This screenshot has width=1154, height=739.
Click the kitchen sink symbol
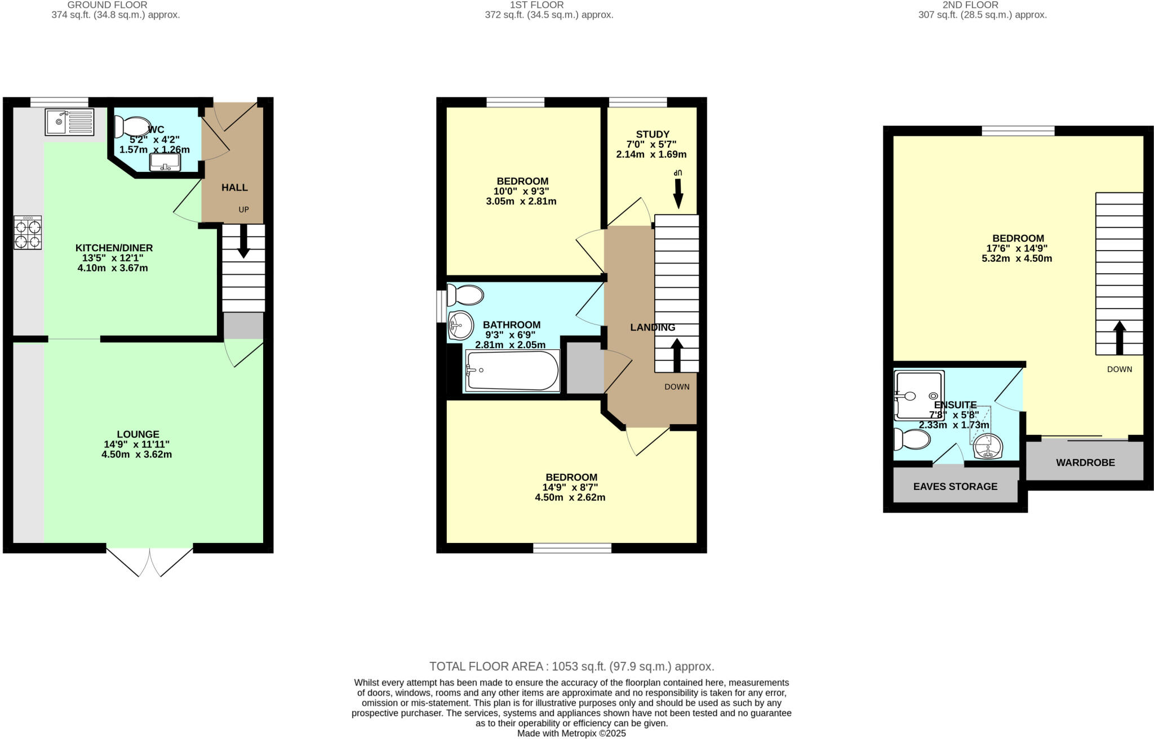[70, 122]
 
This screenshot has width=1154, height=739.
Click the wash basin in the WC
[165, 162]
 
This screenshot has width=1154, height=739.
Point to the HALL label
[234, 188]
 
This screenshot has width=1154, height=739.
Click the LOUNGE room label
[138, 434]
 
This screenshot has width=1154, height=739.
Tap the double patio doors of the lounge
[150, 561]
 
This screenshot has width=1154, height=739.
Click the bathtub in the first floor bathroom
[512, 371]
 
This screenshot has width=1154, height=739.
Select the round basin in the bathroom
[461, 325]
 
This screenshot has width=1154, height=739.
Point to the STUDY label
[652, 134]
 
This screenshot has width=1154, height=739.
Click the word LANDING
[652, 327]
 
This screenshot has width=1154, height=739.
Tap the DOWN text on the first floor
[676, 387]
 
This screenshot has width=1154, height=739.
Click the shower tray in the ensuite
[919, 395]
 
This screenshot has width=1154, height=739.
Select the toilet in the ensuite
[912, 439]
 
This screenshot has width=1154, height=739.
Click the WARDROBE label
[1085, 463]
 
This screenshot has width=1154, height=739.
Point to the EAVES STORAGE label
[955, 487]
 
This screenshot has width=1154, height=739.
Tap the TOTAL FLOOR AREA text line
[571, 667]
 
